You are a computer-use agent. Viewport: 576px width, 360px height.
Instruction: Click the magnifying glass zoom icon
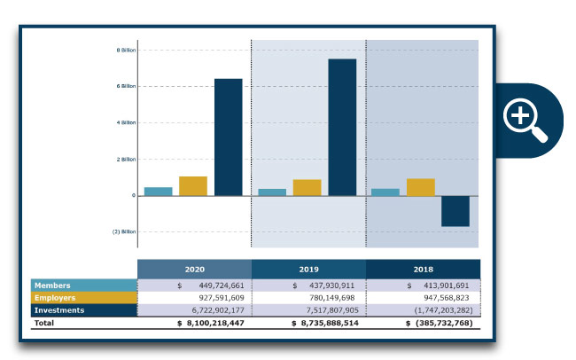(x=525, y=120)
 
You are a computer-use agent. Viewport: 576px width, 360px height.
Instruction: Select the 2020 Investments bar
(x=229, y=137)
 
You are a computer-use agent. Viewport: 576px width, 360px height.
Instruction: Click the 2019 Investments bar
(x=342, y=128)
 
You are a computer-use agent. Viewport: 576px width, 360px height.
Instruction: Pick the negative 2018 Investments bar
(x=455, y=211)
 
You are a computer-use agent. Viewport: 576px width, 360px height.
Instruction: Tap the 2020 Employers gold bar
(x=193, y=186)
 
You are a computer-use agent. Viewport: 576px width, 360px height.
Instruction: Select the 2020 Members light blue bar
(x=159, y=192)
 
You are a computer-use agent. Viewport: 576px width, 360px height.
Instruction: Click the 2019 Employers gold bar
(x=307, y=188)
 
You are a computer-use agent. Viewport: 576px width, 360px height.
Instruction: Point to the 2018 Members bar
(x=385, y=192)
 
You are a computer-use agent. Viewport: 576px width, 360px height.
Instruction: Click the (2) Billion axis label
(x=124, y=232)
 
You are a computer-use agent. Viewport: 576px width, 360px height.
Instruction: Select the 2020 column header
(x=194, y=269)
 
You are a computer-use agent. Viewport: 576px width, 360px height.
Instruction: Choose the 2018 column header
(x=423, y=269)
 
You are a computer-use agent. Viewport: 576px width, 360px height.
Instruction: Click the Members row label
(x=84, y=286)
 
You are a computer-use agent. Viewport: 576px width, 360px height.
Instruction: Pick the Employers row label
(x=84, y=298)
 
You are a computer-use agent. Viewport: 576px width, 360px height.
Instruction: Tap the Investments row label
(x=84, y=310)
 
